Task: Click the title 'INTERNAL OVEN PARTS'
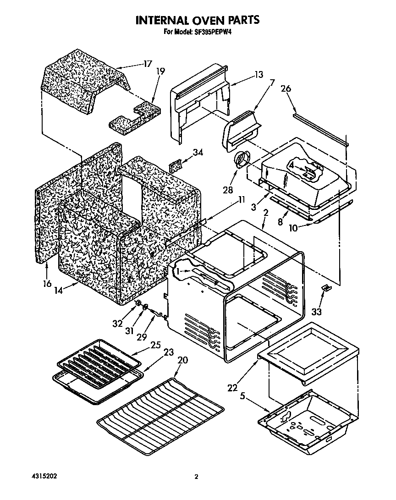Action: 198,20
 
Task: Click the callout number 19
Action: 160,71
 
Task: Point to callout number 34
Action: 198,153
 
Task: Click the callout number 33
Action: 316,312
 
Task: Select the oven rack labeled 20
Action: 160,412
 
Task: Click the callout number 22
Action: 233,388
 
